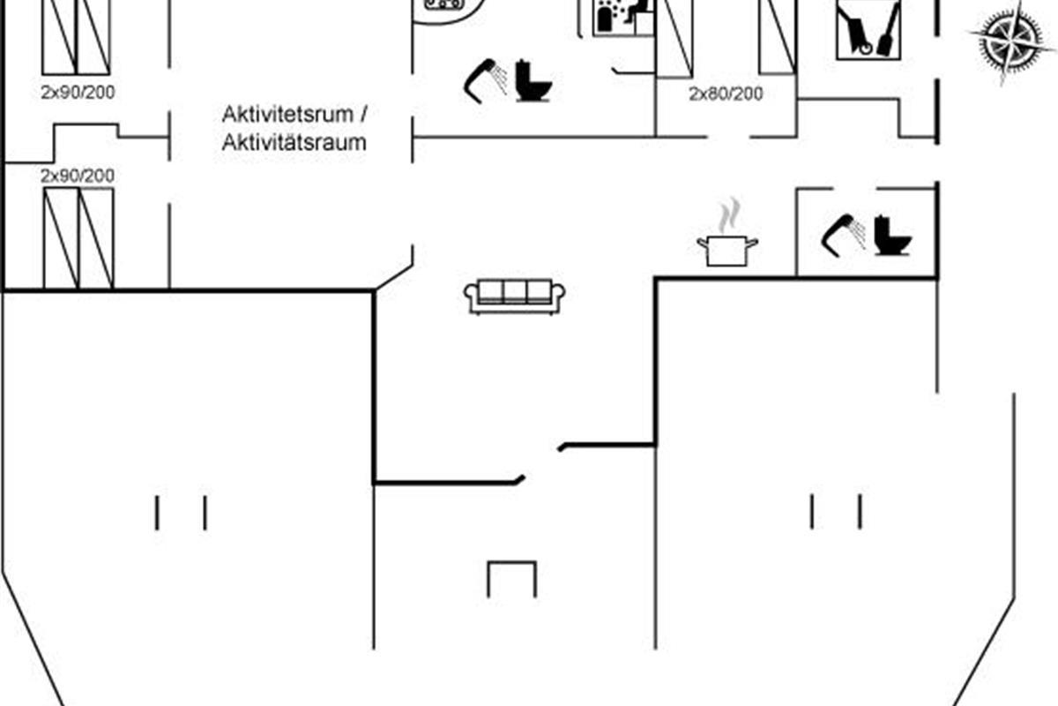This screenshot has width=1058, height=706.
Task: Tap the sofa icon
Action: click(x=514, y=297)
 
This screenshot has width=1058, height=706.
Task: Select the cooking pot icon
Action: click(x=727, y=251)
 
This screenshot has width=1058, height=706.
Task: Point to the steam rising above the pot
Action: click(x=729, y=215)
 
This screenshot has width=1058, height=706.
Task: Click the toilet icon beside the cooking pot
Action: click(x=892, y=235)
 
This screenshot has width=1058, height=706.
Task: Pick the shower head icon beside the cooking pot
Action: click(x=843, y=235)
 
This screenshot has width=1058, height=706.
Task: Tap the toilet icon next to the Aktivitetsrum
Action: click(x=533, y=80)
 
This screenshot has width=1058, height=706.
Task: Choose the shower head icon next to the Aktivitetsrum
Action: click(x=486, y=80)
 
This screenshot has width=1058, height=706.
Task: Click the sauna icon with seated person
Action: click(x=623, y=18)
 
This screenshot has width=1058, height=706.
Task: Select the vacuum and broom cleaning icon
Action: click(x=868, y=29)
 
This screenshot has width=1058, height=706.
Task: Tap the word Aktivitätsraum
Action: click(x=294, y=142)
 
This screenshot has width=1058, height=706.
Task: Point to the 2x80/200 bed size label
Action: click(x=726, y=94)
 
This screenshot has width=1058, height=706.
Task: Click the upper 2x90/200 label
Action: click(x=78, y=92)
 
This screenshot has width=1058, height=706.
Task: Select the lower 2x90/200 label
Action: click(x=78, y=176)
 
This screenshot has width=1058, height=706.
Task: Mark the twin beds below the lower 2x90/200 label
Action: click(x=78, y=238)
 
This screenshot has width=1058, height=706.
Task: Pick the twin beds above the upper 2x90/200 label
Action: click(x=76, y=37)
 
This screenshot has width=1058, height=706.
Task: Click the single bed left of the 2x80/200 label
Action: click(x=674, y=39)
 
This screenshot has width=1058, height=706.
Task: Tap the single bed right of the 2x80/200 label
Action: click(x=778, y=37)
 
